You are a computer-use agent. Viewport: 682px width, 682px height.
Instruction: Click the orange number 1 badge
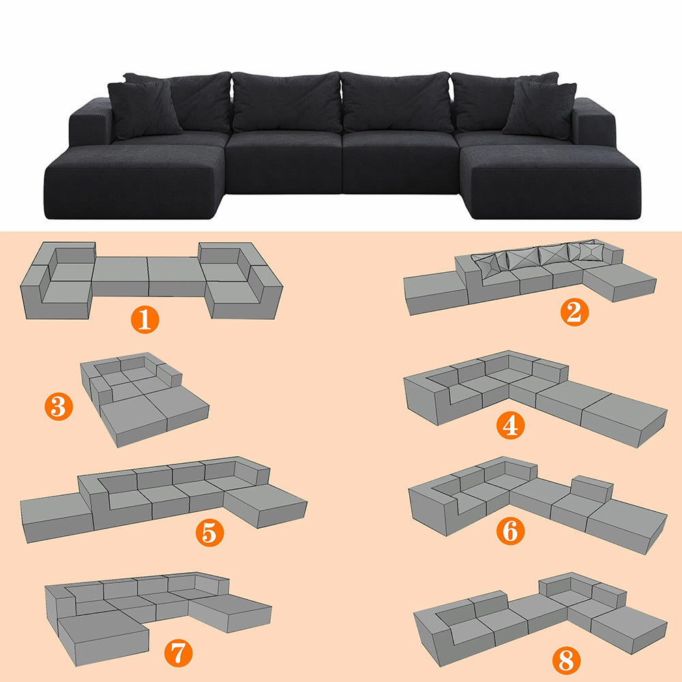[x=145, y=320]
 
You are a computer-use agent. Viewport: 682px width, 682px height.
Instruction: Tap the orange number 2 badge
[x=574, y=312]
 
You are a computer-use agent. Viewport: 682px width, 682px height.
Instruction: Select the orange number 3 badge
[x=59, y=406]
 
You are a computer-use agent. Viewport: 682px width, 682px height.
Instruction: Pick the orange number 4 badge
[x=510, y=426]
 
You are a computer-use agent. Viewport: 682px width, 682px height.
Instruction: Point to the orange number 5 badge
[x=209, y=533]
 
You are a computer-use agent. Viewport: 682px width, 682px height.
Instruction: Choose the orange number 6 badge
[x=510, y=531]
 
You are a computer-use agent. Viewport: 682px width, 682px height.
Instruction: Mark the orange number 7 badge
[x=178, y=653]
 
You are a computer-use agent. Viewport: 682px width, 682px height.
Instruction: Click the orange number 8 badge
[x=566, y=660]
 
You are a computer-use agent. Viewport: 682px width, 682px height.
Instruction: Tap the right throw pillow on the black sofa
[x=540, y=110]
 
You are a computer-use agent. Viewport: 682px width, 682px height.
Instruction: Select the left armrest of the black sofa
[x=91, y=122]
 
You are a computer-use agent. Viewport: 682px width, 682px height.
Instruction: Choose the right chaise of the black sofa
[x=550, y=182]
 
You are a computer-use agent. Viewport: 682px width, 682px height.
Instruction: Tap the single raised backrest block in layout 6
[x=592, y=488]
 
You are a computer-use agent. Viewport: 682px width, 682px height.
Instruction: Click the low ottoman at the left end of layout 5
[x=57, y=518]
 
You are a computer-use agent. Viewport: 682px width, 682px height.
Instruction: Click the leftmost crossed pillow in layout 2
[x=486, y=265]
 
